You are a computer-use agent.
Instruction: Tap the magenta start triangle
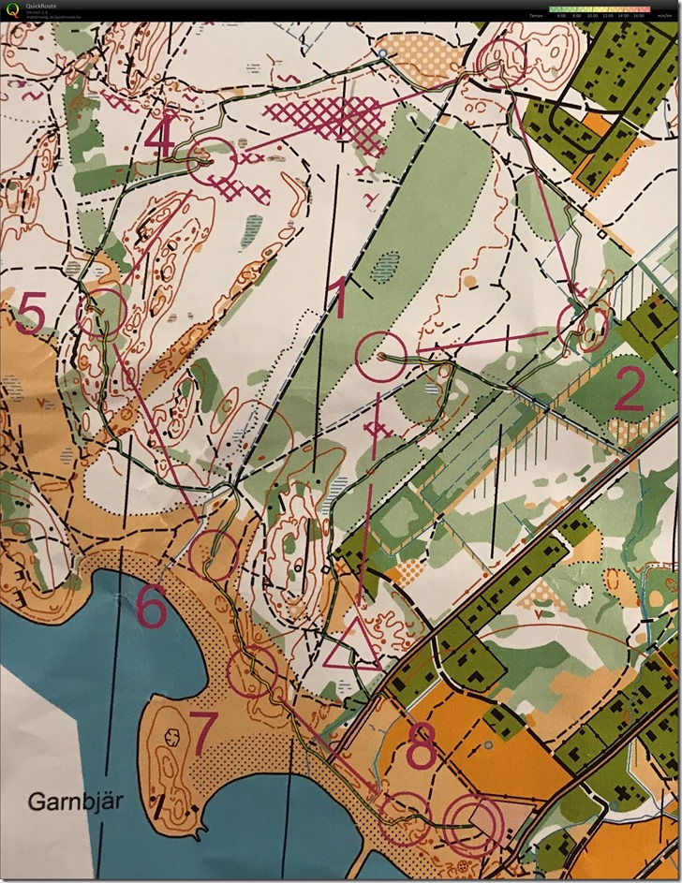pos(353,645)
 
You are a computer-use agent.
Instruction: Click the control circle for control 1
pos(382,356)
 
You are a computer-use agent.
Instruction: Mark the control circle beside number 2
pos(582,326)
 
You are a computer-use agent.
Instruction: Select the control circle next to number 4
pos(213,160)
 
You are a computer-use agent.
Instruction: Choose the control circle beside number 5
pos(102,313)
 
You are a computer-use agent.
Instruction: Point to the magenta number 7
pos(202,730)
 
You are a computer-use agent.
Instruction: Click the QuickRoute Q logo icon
pos(10,10)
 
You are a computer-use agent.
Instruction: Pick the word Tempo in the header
pos(535,16)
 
